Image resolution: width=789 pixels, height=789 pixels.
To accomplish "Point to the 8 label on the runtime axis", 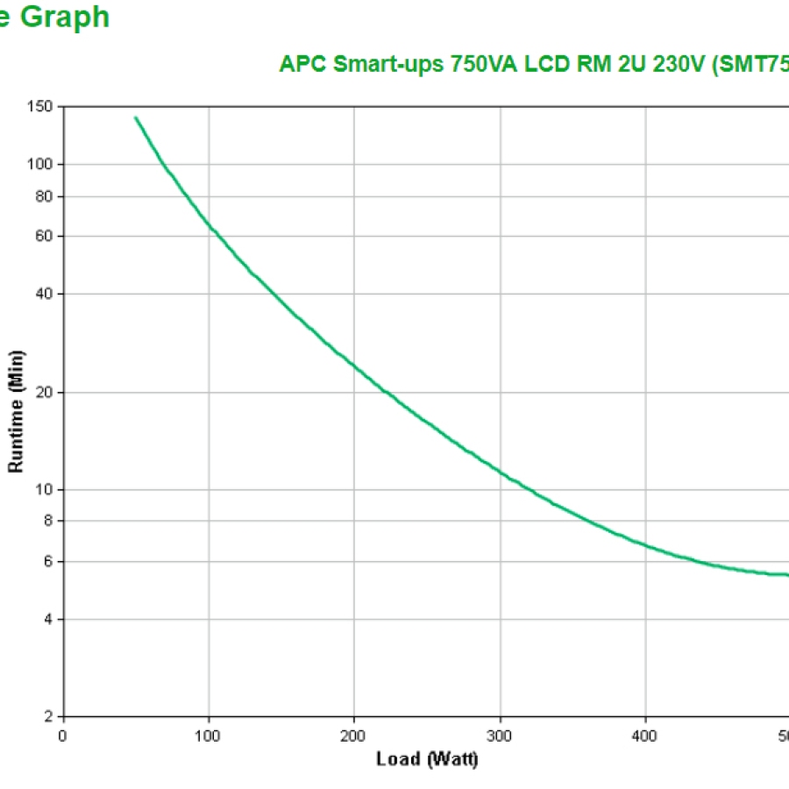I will [x=50, y=521].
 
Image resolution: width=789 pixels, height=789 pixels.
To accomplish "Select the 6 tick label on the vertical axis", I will [x=50, y=561].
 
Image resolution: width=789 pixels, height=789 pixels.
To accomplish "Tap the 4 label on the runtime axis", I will [x=50, y=619].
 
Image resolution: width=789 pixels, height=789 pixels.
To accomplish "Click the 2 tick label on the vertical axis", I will [x=50, y=717].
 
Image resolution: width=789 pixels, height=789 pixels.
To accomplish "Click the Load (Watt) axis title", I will [x=427, y=759].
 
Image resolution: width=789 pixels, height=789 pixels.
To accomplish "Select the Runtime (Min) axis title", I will [x=17, y=412].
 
